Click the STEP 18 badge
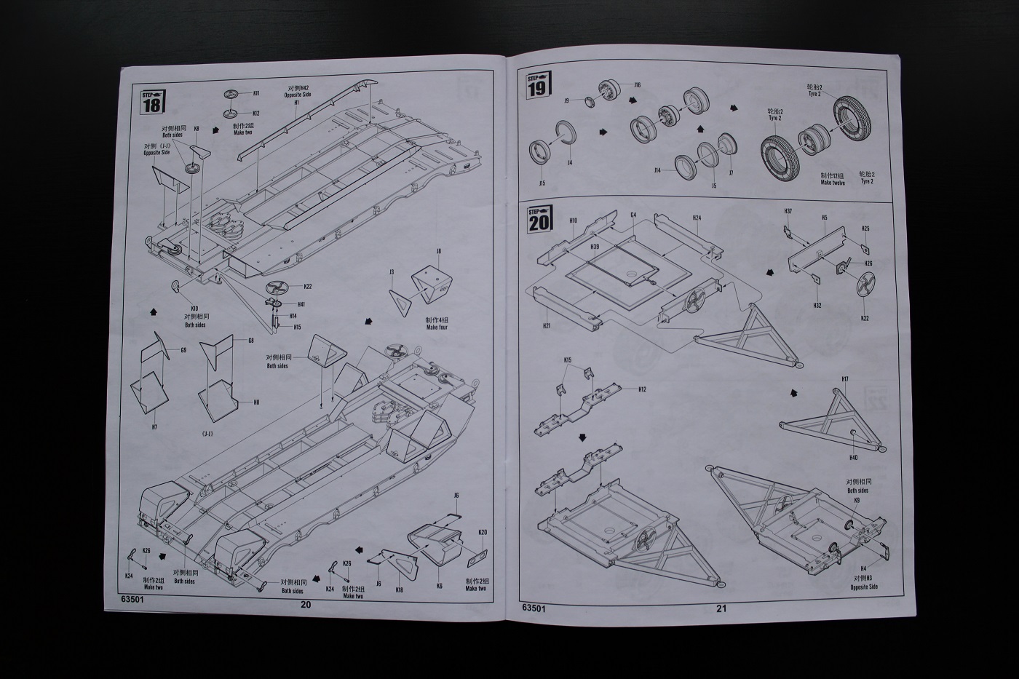pos(151,100)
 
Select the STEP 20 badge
pos(539,218)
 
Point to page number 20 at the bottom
pos(305,604)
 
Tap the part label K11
pos(256,94)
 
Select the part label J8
pos(439,251)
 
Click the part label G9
pos(183,351)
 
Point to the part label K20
pos(483,532)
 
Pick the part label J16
pos(637,85)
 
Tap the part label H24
pos(697,218)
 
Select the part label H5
pos(825,218)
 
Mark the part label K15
pos(568,360)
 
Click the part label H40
pos(853,457)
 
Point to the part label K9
pos(857,501)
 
